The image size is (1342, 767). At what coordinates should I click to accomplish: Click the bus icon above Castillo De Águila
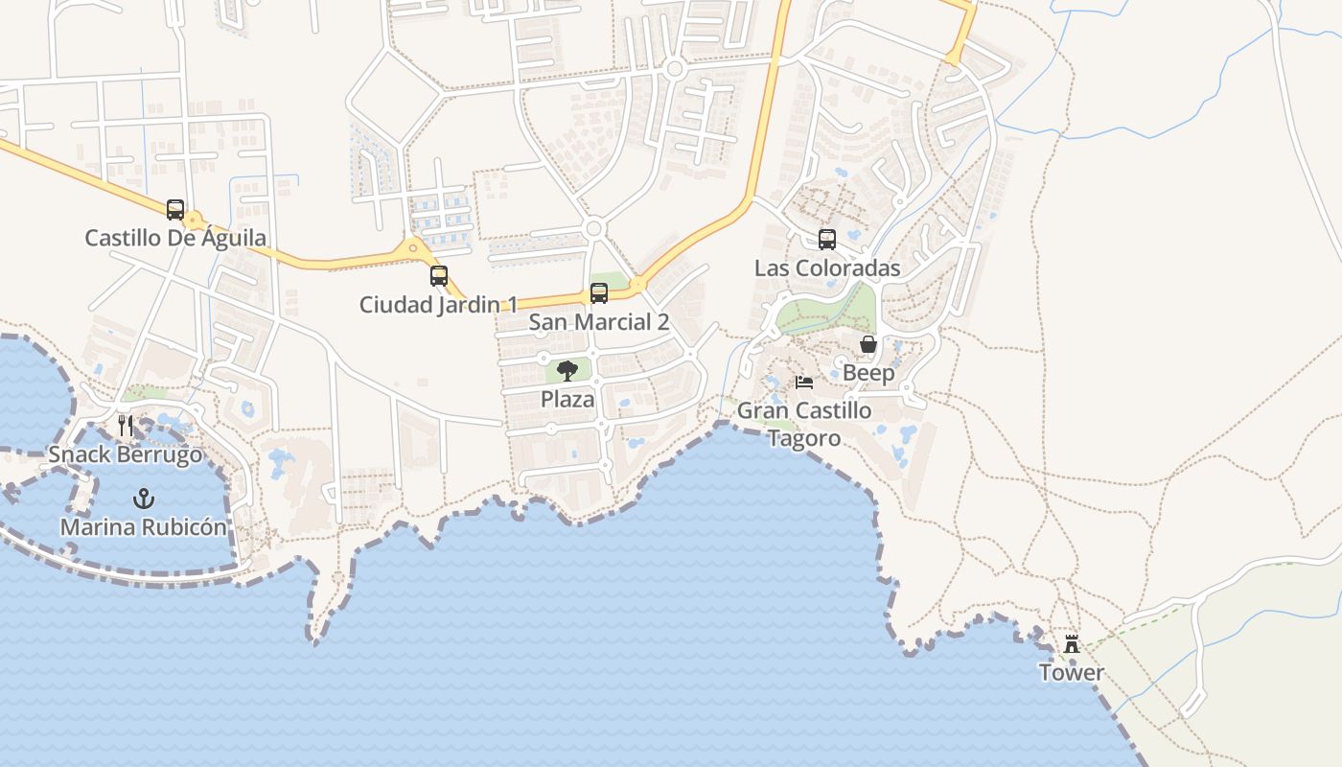pos(175,209)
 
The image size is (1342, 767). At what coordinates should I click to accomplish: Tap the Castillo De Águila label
pos(175,238)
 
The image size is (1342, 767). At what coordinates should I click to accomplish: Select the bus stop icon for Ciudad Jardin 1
pos(439,276)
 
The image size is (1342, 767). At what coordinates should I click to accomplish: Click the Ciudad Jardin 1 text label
pos(438,305)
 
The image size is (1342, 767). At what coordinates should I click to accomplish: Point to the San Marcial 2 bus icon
pos(599,293)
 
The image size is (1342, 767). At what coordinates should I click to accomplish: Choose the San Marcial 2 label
pos(599,322)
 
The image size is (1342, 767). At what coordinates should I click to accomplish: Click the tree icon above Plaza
pos(567,371)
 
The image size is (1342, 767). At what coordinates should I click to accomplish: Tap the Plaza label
pos(567,399)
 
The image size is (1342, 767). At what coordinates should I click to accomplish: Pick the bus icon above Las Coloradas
pos(827,240)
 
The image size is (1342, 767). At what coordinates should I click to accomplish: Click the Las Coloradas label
pos(827,268)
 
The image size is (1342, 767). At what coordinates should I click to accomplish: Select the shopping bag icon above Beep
pos(868,344)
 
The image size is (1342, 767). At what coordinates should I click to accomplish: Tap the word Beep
pos(868,373)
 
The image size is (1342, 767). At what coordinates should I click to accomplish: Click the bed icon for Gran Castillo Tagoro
pos(804,383)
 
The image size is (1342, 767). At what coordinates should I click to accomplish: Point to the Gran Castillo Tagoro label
pos(804,424)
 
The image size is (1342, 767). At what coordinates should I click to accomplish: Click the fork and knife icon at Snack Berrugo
pos(126,426)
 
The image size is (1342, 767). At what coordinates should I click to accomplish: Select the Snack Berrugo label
pos(126,454)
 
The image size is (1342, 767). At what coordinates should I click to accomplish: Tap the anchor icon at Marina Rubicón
pos(144,499)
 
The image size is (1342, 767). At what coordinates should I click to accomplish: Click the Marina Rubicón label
pos(144,527)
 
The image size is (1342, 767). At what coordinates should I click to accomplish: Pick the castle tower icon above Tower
pos(1072,644)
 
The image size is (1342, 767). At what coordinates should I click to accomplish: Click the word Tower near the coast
pos(1072,673)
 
